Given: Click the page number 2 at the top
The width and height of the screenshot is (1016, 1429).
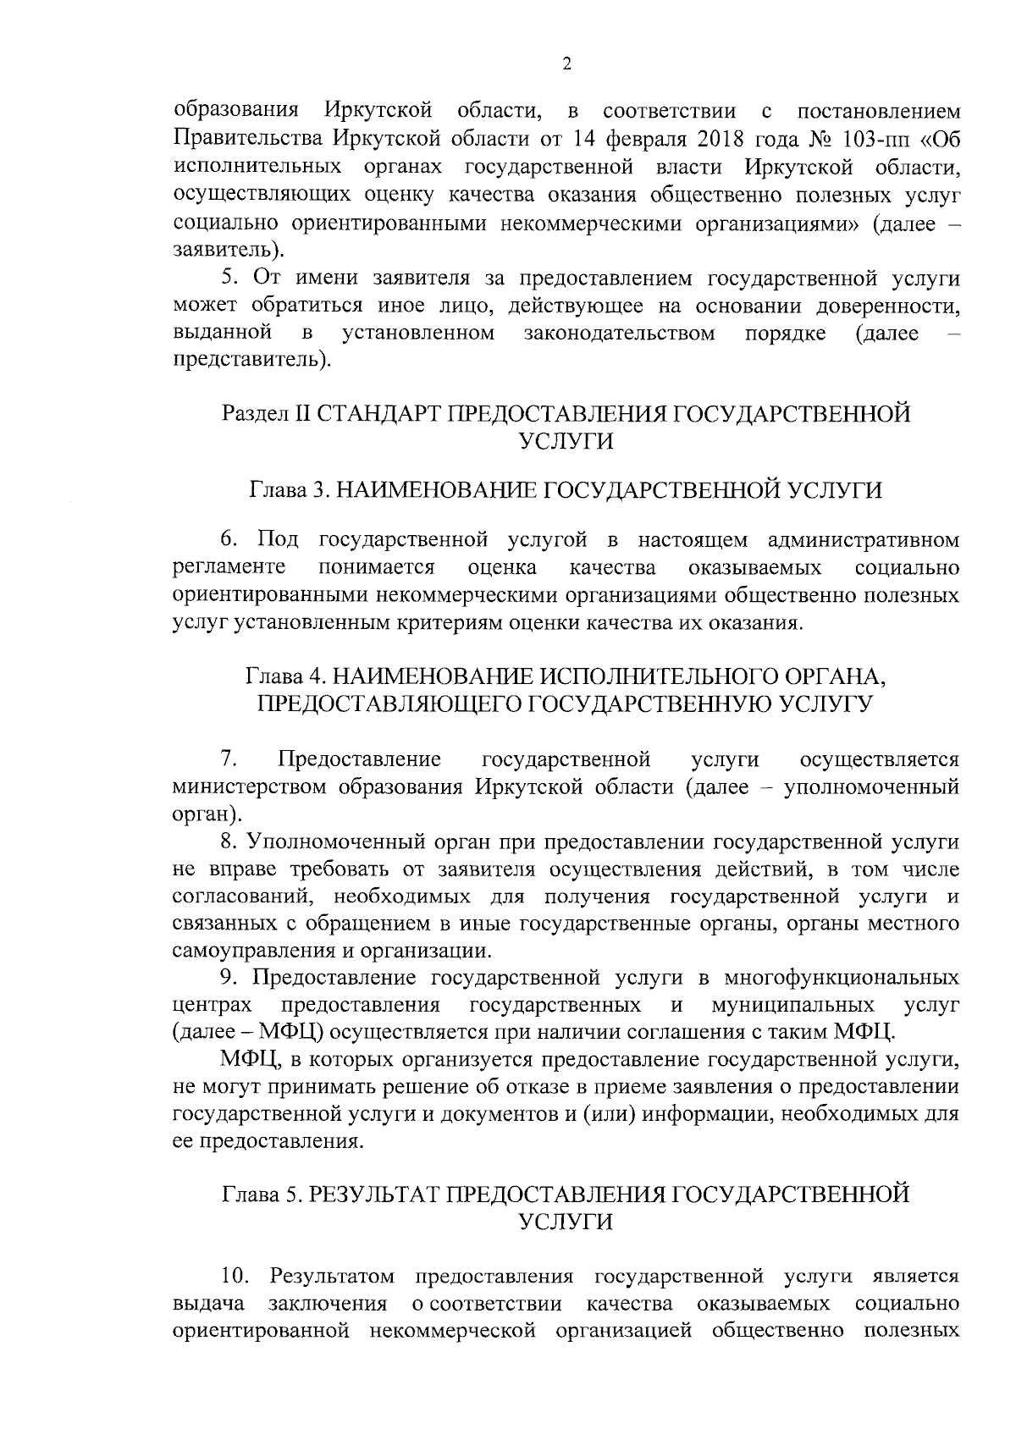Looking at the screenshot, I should pos(566,64).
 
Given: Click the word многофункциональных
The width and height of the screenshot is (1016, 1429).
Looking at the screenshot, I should pos(842,979).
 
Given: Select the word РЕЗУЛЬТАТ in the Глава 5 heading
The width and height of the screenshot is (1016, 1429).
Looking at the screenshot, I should pos(373,1195).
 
